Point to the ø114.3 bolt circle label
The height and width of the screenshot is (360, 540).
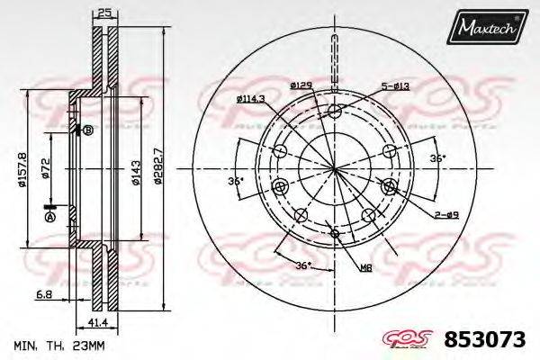255,99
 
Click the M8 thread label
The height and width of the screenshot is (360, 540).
366,267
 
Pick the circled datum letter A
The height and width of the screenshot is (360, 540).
50,218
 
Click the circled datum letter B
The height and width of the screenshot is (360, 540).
88,130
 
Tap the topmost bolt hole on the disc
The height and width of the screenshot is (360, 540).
335,112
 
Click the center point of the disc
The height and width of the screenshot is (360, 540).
335,168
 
